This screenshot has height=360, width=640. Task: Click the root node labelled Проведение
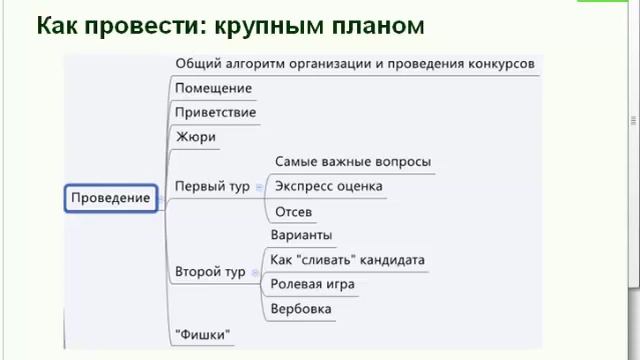point(110,197)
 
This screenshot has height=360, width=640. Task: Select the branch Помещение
point(213,88)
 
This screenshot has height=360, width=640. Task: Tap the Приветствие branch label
point(215,112)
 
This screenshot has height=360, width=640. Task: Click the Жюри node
point(195,137)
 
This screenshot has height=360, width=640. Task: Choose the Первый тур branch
point(212,186)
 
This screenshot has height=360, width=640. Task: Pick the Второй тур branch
point(210,271)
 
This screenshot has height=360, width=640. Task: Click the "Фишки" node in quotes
point(202,333)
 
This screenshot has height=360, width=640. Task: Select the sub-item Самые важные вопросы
point(352,161)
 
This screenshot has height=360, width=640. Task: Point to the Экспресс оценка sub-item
point(328,186)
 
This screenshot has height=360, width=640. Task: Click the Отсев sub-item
point(293,211)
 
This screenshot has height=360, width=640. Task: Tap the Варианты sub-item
point(300,235)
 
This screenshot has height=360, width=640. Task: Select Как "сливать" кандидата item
point(347,260)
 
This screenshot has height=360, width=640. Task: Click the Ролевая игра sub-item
point(312,284)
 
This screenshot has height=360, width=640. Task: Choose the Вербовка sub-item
point(301,309)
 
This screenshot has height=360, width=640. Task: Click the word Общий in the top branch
point(195,63)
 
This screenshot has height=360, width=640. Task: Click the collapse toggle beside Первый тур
point(259,187)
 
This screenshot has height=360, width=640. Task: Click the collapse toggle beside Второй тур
point(255,272)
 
